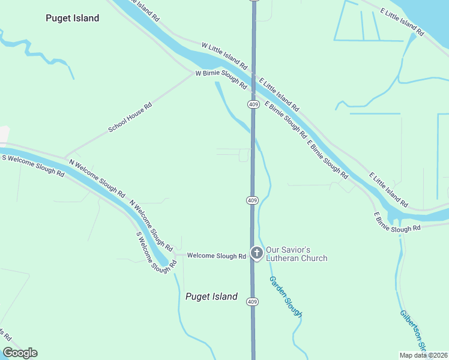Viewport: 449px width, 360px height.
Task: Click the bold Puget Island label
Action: click(x=72, y=18)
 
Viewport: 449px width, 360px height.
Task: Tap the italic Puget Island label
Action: click(x=211, y=296)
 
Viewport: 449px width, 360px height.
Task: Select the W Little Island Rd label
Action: click(x=224, y=53)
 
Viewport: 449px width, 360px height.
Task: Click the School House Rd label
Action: click(x=130, y=118)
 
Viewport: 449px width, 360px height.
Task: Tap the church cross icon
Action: click(x=256, y=254)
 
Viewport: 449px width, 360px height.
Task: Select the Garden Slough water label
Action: click(x=286, y=297)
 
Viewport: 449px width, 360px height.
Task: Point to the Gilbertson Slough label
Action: click(x=413, y=330)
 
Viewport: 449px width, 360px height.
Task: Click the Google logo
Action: click(x=20, y=353)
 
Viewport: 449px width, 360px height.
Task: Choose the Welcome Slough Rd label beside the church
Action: click(x=217, y=256)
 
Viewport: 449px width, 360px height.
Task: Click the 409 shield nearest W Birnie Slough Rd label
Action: click(x=253, y=104)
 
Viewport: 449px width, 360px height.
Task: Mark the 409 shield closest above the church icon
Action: click(x=253, y=199)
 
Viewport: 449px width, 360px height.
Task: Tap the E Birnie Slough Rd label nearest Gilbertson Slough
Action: click(x=397, y=221)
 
